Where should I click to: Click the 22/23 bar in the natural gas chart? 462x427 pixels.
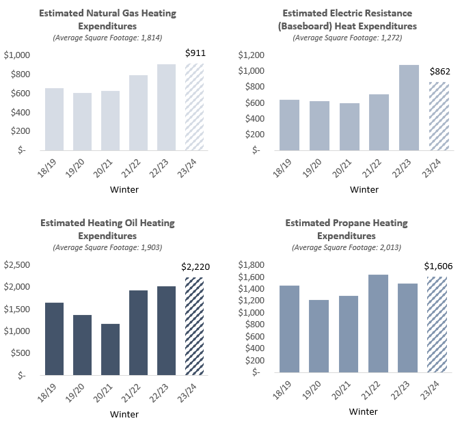coord(166,107)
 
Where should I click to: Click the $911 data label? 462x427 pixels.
coord(195,53)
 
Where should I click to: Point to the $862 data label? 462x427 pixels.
coord(438,70)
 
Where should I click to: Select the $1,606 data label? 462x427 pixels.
coord(438,265)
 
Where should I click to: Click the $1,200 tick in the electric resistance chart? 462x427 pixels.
coord(252,55)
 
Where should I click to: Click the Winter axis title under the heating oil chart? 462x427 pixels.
coord(124,414)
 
